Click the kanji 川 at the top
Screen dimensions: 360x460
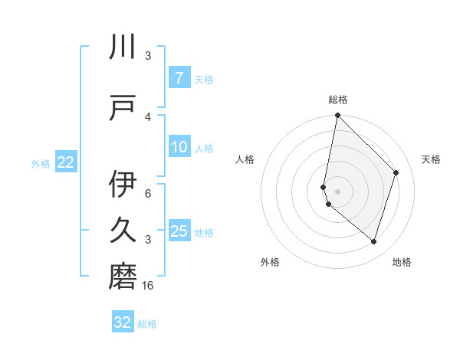click(x=123, y=48)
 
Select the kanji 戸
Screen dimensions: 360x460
click(x=123, y=108)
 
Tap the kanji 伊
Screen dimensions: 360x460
click(x=123, y=184)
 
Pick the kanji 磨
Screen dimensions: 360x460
click(x=123, y=276)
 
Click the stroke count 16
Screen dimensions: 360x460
click(x=149, y=286)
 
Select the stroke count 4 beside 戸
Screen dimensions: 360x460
click(x=148, y=116)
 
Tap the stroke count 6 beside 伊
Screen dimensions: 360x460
click(x=148, y=193)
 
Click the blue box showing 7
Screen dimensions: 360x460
click(x=179, y=78)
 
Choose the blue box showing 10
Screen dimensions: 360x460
click(x=179, y=147)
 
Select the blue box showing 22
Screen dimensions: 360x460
click(x=66, y=162)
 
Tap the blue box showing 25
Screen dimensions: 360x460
click(x=179, y=231)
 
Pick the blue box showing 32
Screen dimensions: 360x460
click(x=123, y=322)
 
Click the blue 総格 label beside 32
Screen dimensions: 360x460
click(x=147, y=324)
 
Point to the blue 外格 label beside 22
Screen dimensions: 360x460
click(x=41, y=163)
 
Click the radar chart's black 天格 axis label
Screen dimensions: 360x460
click(x=431, y=159)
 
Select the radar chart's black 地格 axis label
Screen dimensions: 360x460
click(x=402, y=262)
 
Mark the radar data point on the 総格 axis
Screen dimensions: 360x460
click(x=337, y=116)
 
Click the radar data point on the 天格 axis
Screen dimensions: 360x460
click(x=396, y=172)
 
